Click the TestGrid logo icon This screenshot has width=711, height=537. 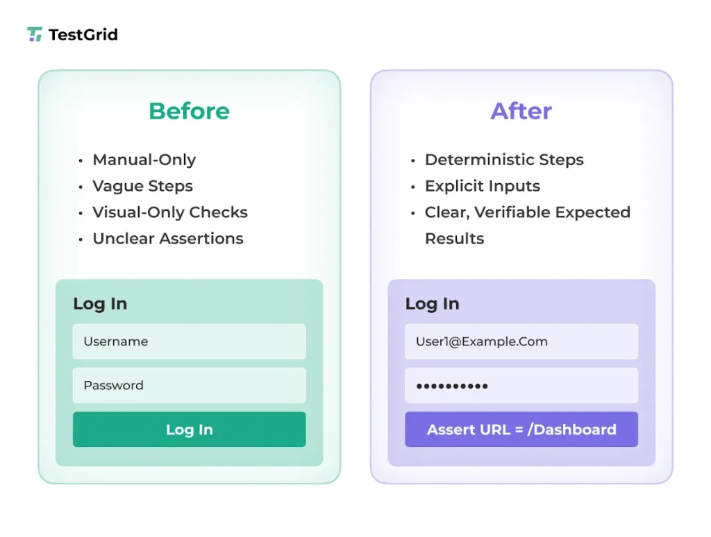35,34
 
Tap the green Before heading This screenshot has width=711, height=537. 189,111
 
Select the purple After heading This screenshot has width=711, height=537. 521,111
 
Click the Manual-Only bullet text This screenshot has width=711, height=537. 144,160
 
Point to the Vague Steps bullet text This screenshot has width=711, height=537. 143,186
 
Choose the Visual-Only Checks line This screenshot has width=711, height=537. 170,212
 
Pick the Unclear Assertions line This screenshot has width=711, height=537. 168,239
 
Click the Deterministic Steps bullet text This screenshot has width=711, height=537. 504,160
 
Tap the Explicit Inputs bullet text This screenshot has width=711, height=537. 483,186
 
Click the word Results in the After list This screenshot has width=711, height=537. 455,239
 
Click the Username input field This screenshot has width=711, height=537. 189,341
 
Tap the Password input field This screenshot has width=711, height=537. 189,385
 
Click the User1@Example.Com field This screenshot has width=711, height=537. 521,341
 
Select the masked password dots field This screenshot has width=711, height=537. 521,385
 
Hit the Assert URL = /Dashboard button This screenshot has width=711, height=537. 521,429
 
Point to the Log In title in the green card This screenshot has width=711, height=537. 100,304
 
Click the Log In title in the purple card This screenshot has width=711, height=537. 432,304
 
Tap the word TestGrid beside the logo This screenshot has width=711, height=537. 83,35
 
